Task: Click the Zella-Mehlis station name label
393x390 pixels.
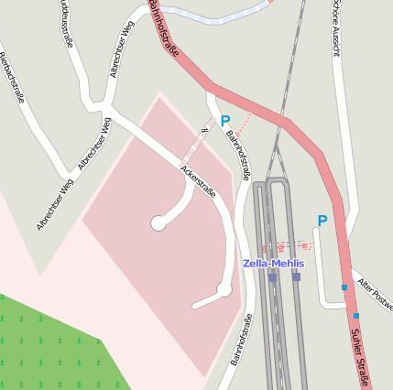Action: click(x=272, y=263)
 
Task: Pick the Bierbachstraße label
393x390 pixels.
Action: click(x=11, y=77)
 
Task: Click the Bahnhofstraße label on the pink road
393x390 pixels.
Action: click(x=163, y=33)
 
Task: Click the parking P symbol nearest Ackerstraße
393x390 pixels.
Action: click(x=224, y=121)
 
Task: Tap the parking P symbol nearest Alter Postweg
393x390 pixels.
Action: click(x=322, y=221)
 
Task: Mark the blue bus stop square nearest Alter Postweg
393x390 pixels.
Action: click(x=344, y=287)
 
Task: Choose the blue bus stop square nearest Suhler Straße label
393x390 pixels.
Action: click(x=356, y=316)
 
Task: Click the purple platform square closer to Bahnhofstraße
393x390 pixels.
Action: click(x=272, y=276)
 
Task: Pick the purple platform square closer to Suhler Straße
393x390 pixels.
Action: click(x=296, y=276)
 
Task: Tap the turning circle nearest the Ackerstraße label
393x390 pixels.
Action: click(x=158, y=222)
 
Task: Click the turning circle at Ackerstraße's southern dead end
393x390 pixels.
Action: click(x=224, y=290)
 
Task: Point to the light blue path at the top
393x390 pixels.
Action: click(x=211, y=16)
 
